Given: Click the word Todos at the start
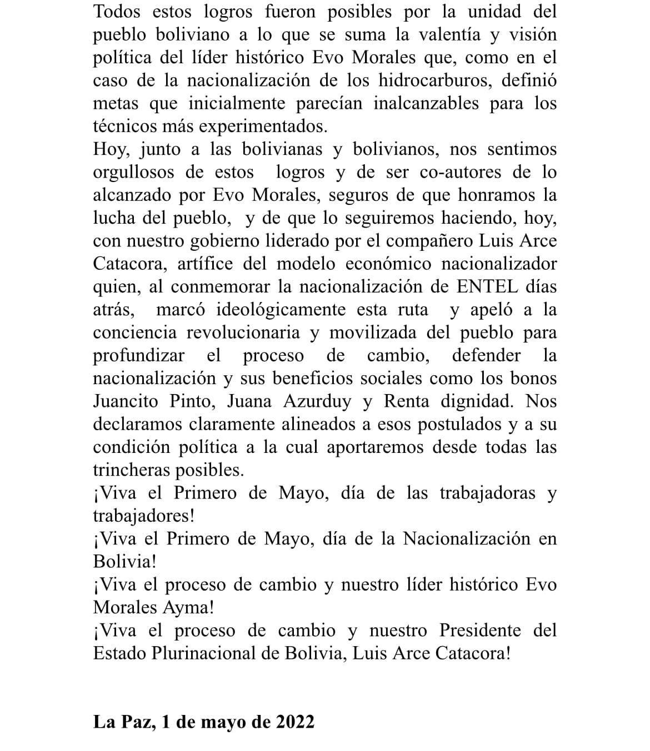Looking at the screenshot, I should coord(117,11).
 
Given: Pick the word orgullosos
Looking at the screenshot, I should coord(133,172).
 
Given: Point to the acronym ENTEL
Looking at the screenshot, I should coord(486,286).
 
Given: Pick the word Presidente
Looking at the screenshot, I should coord(480,630).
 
